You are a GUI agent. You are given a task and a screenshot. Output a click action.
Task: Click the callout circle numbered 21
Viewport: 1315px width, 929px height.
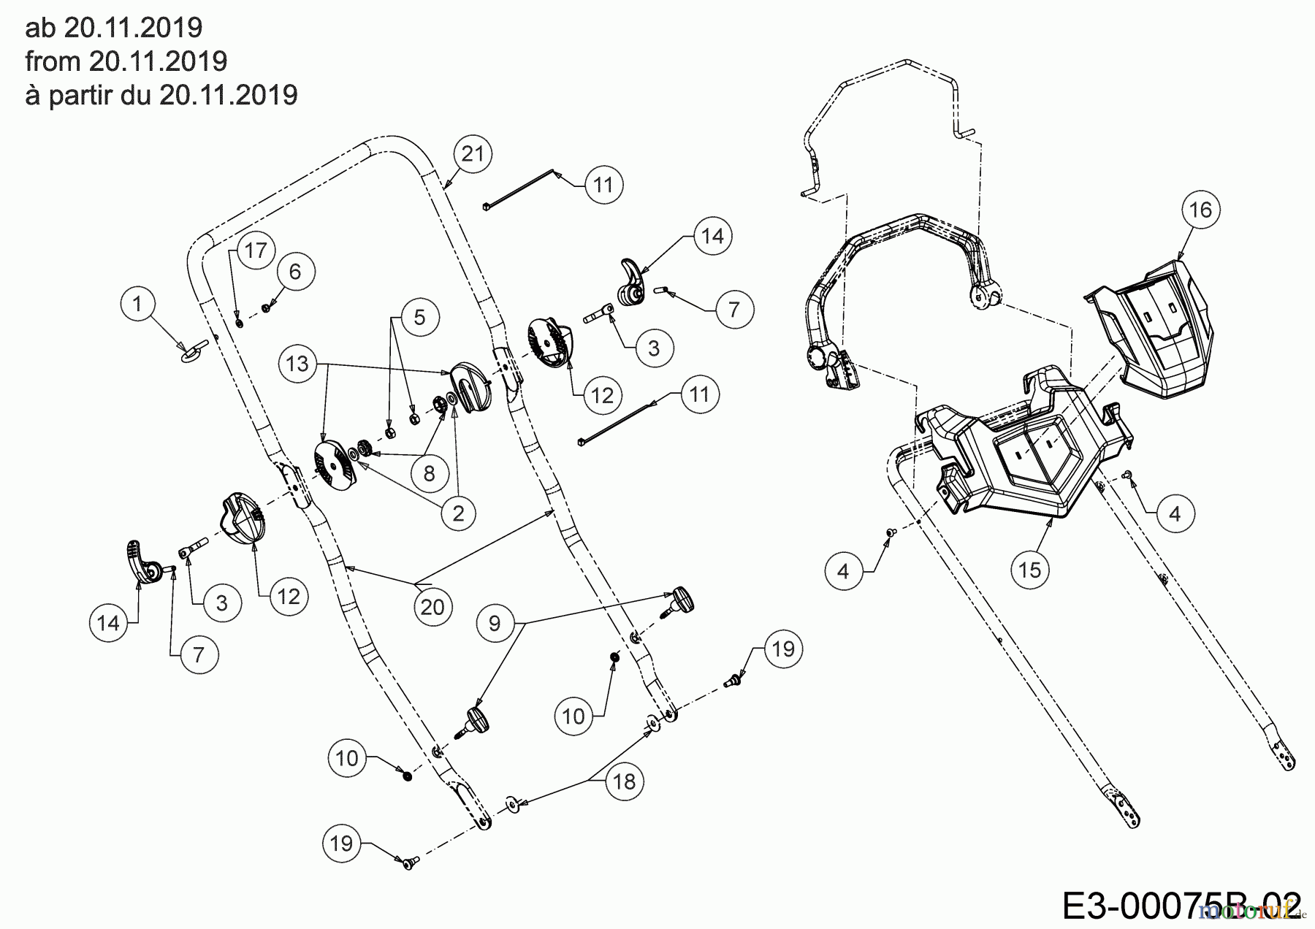(x=473, y=154)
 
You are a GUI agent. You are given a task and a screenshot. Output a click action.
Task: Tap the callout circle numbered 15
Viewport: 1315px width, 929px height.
(x=1030, y=569)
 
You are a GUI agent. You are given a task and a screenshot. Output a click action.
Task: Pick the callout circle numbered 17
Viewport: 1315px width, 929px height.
(x=255, y=251)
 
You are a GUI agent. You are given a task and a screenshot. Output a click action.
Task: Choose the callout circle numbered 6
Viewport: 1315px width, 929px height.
(x=295, y=272)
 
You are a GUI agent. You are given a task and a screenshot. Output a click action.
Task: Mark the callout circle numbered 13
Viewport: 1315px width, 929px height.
(x=298, y=363)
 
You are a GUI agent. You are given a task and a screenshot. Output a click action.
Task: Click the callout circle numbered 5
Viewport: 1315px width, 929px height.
(x=419, y=317)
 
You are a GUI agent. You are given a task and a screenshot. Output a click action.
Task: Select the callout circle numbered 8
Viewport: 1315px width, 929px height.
(x=429, y=473)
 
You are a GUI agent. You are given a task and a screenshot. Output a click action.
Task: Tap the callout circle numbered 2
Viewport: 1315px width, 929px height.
(x=458, y=513)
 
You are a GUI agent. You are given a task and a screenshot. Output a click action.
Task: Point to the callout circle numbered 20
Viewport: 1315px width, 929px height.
(x=432, y=606)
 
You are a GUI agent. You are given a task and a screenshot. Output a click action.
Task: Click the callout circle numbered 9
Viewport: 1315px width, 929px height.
(x=495, y=623)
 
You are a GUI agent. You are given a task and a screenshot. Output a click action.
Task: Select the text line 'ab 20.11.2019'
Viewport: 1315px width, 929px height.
(x=113, y=28)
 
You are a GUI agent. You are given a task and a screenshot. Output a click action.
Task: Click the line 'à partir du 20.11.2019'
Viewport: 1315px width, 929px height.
(x=161, y=95)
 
